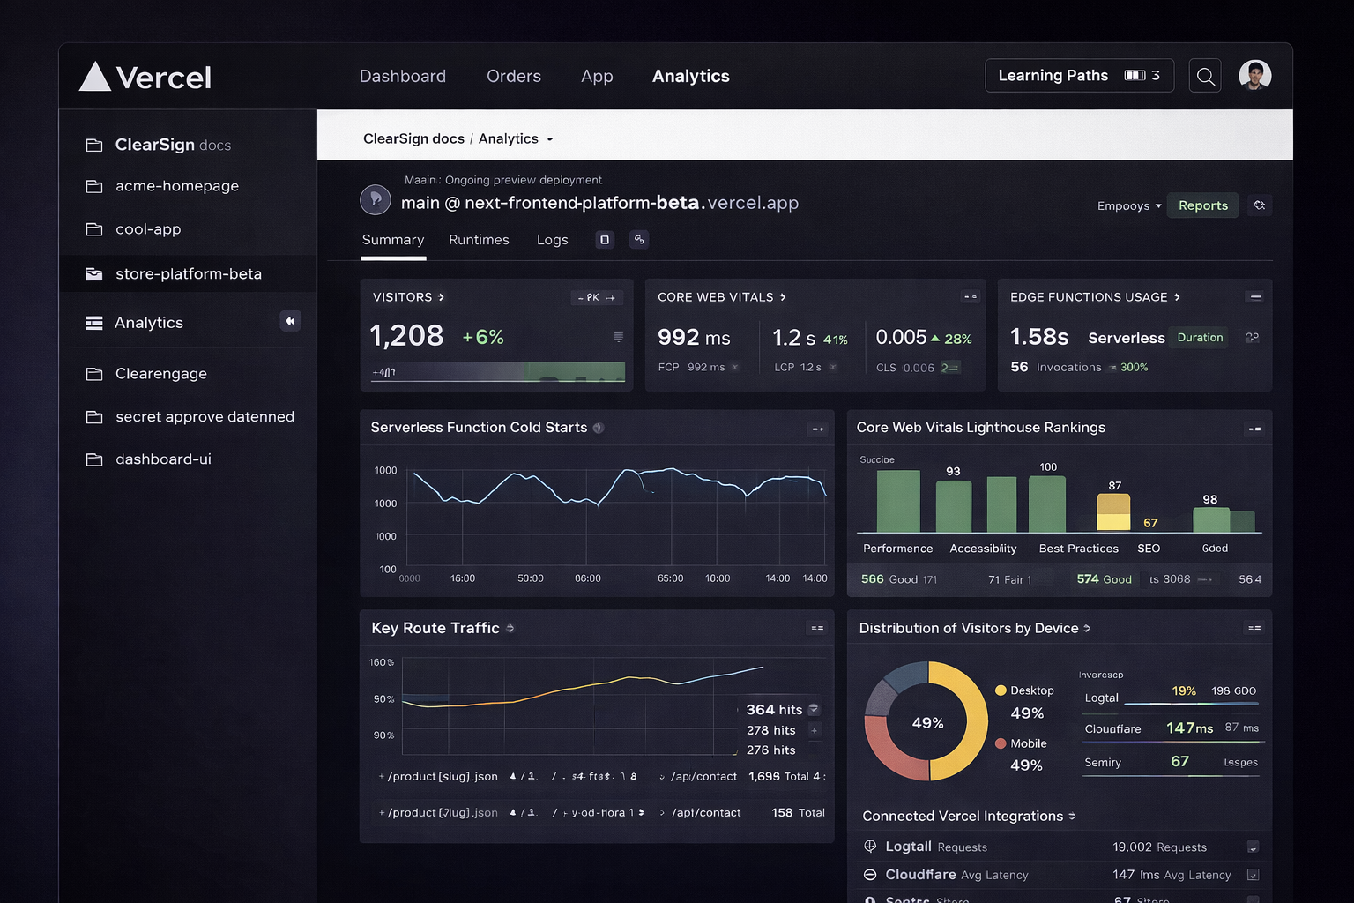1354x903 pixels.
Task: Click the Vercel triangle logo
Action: [95, 77]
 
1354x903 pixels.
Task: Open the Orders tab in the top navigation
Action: [513, 77]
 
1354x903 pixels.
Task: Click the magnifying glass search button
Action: [1205, 77]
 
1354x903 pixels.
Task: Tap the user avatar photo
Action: [1254, 76]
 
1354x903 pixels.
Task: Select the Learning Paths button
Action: [1078, 76]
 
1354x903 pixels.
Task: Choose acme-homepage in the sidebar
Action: [176, 186]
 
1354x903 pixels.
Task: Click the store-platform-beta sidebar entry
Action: [188, 274]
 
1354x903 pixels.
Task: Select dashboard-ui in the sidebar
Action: [163, 459]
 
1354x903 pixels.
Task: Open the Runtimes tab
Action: [479, 240]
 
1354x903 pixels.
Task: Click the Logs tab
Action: [552, 240]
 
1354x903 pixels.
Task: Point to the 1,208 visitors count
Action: [406, 336]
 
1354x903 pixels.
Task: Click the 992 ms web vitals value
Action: [694, 338]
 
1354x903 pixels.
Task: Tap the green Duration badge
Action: [1199, 338]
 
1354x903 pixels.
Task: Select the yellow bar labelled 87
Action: [1113, 511]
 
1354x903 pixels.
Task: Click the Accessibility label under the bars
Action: [983, 549]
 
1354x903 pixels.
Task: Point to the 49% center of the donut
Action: [927, 723]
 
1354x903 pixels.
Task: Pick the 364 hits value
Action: [774, 710]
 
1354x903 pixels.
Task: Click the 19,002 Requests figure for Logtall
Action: [1159, 847]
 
